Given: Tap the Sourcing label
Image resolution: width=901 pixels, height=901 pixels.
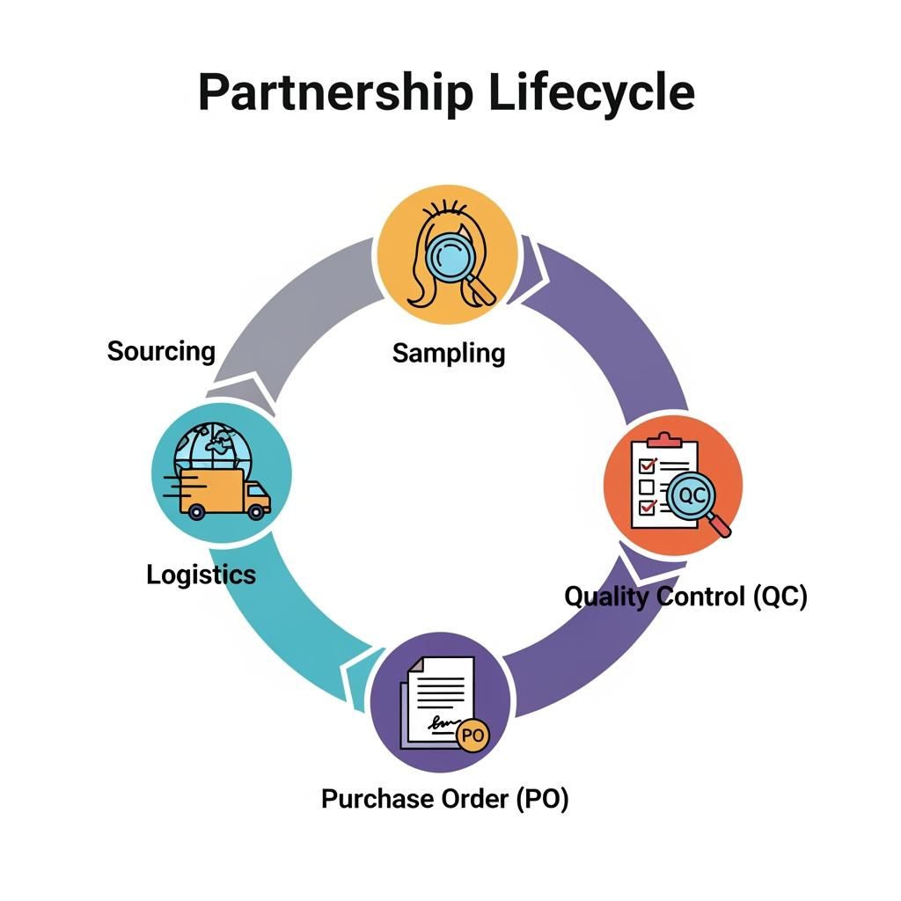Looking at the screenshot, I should point(161,351).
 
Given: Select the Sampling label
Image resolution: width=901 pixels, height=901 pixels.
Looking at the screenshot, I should point(449,353).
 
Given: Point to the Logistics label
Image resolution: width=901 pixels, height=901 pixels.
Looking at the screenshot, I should point(201,575).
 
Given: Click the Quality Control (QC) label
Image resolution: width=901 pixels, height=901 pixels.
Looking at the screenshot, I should point(685,596).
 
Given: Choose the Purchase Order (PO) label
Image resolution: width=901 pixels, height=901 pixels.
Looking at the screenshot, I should point(444,799).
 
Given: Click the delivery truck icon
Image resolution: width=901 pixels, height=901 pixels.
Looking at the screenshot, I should point(223,494).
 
